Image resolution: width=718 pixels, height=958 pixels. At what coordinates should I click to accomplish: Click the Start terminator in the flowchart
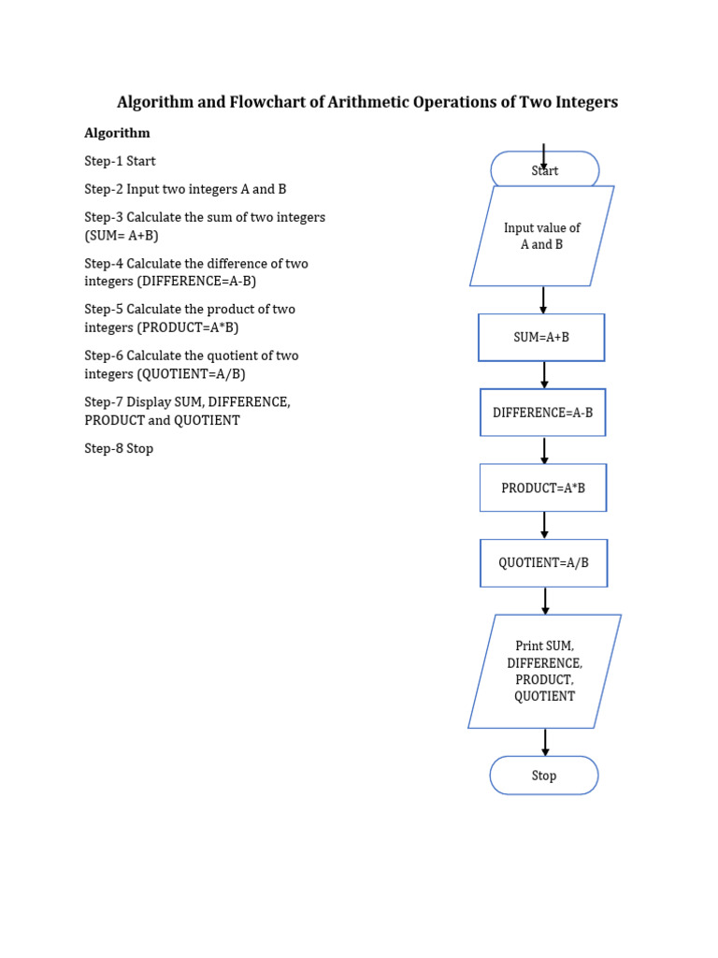[545, 170]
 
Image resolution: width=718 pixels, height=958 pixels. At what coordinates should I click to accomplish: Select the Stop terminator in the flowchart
[544, 776]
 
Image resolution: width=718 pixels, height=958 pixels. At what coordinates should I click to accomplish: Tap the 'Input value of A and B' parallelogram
[542, 236]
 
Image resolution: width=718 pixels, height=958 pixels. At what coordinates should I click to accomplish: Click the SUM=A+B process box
[541, 338]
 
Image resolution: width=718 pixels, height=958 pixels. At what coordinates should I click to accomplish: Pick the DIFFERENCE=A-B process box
[543, 413]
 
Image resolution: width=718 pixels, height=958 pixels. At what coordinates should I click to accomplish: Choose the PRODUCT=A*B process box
[543, 487]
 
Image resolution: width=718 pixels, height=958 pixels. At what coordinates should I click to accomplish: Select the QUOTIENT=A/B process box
[544, 563]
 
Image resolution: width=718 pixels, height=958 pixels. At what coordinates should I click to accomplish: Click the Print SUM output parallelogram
[545, 672]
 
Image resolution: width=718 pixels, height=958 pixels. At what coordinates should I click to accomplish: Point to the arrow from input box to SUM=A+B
[543, 299]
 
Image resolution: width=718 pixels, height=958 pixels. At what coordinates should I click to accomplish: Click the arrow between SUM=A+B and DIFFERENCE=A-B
[544, 374]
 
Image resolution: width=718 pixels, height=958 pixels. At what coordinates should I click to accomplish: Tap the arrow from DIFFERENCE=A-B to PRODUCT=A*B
[544, 450]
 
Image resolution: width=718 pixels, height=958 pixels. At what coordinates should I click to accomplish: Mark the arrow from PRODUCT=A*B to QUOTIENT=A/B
[545, 525]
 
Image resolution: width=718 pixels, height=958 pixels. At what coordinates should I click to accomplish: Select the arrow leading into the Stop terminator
[545, 742]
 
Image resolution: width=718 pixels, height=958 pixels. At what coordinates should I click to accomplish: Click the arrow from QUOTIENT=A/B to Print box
[545, 601]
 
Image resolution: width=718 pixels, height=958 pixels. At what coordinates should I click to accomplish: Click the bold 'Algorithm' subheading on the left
[117, 133]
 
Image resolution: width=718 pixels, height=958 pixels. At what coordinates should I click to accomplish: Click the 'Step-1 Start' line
[120, 161]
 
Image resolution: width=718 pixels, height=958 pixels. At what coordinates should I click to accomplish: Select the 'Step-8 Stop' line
[119, 448]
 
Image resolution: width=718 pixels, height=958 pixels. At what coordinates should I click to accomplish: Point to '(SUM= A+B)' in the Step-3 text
[122, 235]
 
